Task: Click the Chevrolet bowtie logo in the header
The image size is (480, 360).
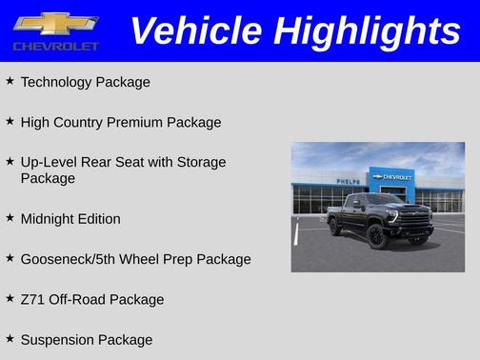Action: [x=55, y=23]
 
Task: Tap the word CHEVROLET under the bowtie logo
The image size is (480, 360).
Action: [x=55, y=46]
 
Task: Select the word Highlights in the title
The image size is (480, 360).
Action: [x=368, y=30]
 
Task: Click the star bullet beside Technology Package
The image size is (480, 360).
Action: [x=10, y=81]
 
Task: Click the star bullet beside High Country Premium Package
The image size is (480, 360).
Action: [x=10, y=122]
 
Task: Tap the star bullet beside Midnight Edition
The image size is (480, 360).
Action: [x=10, y=218]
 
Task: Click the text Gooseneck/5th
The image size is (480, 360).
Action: [x=69, y=259]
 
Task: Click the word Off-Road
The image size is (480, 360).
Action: [x=76, y=300]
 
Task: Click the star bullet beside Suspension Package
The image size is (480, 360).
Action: [x=10, y=339]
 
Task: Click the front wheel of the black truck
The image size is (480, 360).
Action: [x=378, y=237]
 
